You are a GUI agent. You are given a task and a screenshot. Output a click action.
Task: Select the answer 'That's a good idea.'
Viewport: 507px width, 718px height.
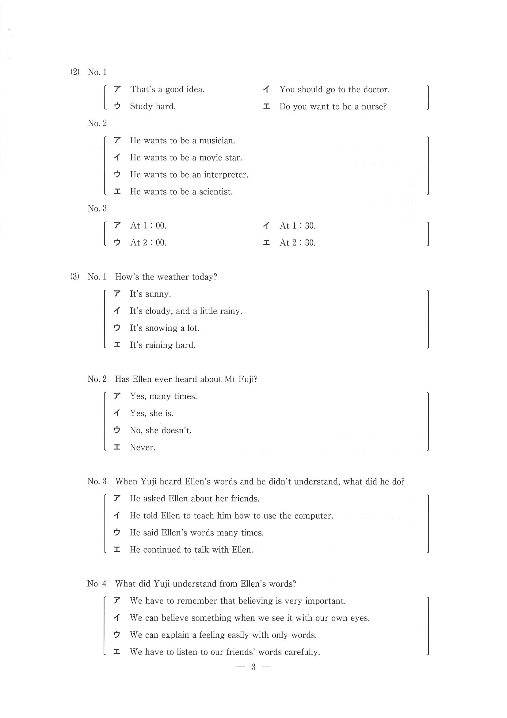pos(167,90)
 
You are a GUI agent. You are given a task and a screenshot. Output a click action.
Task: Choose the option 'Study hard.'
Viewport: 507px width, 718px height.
pos(153,107)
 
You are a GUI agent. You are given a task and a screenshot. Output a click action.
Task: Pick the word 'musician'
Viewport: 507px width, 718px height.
pos(217,141)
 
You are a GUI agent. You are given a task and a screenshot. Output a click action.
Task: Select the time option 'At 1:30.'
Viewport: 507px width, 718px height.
pos(297,226)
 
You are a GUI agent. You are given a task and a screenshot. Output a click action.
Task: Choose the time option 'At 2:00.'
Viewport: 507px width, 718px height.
pos(148,243)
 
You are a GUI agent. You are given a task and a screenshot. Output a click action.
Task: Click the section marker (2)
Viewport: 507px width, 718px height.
pos(75,72)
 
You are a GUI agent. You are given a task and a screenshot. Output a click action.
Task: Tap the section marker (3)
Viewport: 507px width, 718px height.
pos(75,277)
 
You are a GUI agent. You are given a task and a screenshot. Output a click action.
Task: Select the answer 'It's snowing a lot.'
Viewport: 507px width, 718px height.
pos(164,328)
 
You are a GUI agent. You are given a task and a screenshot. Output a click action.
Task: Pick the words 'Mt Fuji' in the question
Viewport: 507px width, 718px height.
pos(241,379)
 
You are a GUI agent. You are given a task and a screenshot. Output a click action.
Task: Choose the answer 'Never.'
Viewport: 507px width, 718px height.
pos(143,447)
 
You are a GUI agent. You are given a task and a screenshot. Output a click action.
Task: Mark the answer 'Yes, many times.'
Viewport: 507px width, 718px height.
pos(163,396)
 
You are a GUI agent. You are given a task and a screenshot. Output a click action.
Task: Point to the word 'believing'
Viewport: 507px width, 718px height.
pos(256,601)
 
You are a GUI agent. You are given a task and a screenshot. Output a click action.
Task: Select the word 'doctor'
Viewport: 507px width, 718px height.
pos(376,90)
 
